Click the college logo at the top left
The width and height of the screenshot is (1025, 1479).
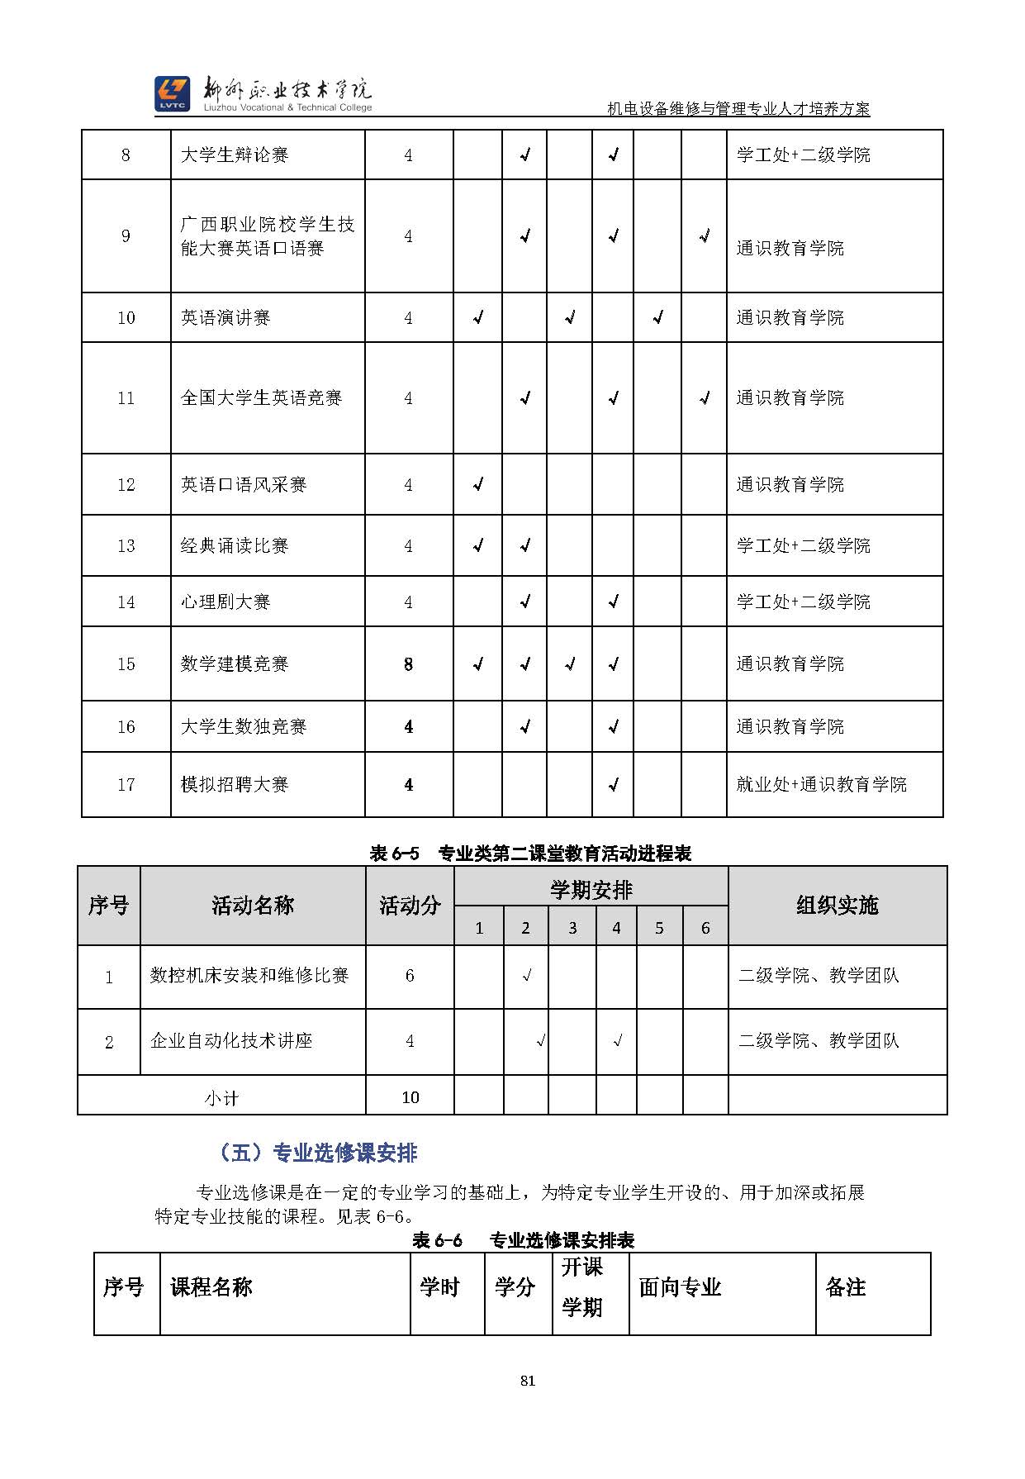pyautogui.click(x=172, y=93)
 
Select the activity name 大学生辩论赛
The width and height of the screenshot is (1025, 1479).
pyautogui.click(x=235, y=155)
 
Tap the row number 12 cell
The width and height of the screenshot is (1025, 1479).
pyautogui.click(x=126, y=484)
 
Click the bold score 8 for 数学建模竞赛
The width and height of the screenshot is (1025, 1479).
pyautogui.click(x=408, y=664)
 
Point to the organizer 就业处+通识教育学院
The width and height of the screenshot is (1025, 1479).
pyautogui.click(x=821, y=784)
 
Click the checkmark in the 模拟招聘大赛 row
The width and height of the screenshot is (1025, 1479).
pyautogui.click(x=613, y=785)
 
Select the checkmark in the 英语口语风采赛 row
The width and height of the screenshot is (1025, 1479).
pyautogui.click(x=477, y=484)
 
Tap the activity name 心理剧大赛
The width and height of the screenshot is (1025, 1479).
pyautogui.click(x=225, y=602)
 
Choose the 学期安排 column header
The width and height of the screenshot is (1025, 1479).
pyautogui.click(x=591, y=889)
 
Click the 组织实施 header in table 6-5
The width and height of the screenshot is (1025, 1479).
pyautogui.click(x=837, y=906)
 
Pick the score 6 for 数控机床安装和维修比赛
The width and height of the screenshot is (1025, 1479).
pyautogui.click(x=410, y=976)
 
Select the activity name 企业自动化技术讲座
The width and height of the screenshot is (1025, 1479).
pyautogui.click(x=231, y=1041)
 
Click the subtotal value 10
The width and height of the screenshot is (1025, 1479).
pyautogui.click(x=410, y=1097)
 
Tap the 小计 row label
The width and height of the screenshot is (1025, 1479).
pyautogui.click(x=221, y=1098)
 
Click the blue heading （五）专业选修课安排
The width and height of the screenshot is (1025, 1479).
pyautogui.click(x=319, y=1153)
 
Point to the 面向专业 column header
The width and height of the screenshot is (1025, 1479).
pyautogui.click(x=680, y=1286)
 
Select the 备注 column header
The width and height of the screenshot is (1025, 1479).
pyautogui.click(x=846, y=1286)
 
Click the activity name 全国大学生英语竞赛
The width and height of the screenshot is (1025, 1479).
pyautogui.click(x=261, y=397)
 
